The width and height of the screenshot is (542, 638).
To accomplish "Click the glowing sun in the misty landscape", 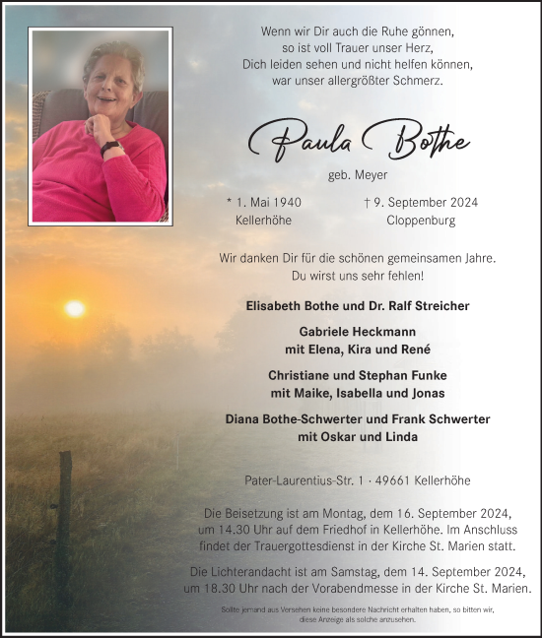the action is point(75,309).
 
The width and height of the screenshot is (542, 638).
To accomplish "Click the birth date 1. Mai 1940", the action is point(263,203).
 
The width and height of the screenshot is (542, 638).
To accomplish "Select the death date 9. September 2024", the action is point(421,203).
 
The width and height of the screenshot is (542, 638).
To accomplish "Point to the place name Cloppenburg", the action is point(421,221).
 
